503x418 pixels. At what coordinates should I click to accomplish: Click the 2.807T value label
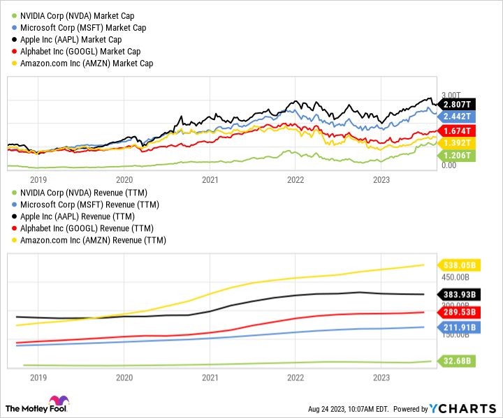457,104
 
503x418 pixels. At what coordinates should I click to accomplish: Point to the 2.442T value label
457,116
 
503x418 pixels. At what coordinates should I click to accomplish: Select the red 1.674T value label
457,130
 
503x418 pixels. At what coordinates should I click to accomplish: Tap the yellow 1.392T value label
457,142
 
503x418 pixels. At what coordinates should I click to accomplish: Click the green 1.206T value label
457,154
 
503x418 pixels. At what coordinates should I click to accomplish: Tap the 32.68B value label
457,361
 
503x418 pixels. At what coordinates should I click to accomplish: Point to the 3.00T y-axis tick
450,94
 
